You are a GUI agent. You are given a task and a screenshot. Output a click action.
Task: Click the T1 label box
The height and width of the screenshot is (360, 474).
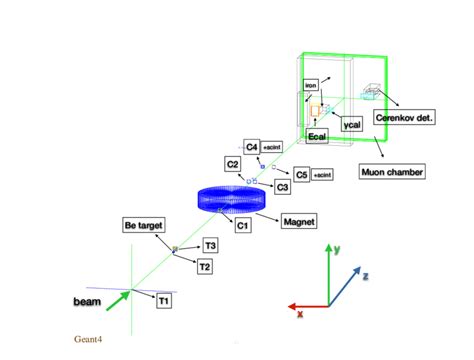pyautogui.click(x=164, y=300)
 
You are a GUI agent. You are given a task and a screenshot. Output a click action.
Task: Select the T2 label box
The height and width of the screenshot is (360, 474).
pyautogui.click(x=204, y=266)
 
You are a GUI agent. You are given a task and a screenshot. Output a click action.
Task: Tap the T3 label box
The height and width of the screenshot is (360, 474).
pyautogui.click(x=210, y=245)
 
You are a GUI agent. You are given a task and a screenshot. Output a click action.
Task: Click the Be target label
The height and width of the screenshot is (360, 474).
pyautogui.click(x=143, y=226)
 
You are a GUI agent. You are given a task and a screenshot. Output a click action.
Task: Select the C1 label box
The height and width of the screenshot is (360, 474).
pyautogui.click(x=242, y=226)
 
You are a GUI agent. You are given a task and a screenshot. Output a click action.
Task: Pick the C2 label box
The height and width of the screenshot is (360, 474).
pyautogui.click(x=232, y=163)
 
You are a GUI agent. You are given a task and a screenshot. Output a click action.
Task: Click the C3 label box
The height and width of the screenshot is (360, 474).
pyautogui.click(x=283, y=187)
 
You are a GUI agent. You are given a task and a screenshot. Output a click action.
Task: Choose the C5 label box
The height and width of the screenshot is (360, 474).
pyautogui.click(x=301, y=174)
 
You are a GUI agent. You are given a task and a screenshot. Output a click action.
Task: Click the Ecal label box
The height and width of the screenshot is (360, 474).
pyautogui.click(x=318, y=136)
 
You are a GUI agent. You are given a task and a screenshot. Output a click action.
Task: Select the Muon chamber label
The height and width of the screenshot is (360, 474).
pyautogui.click(x=392, y=172)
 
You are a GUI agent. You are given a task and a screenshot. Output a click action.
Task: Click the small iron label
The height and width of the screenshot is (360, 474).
pyautogui.click(x=310, y=86)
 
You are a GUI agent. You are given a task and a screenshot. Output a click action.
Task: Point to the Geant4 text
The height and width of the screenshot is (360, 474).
pyautogui.click(x=89, y=339)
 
